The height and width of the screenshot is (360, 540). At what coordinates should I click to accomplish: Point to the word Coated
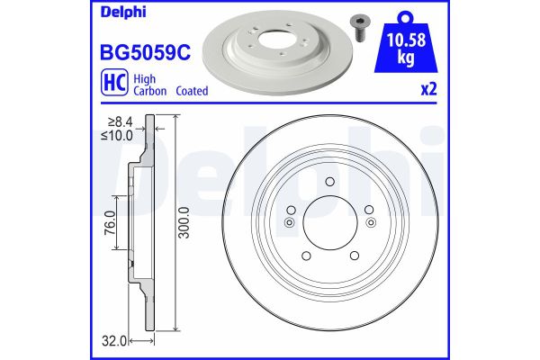(x=191, y=91)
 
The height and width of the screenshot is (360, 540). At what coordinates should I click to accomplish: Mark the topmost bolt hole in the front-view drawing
(x=329, y=184)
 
